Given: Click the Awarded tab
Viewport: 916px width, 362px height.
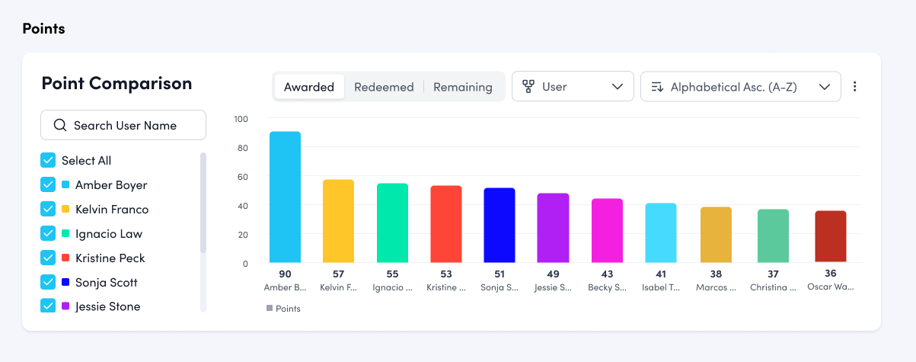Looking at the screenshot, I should coord(308,87).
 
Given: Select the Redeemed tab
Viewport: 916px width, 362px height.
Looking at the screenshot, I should coord(384,87).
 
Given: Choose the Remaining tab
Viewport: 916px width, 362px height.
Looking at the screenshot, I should coord(462,87).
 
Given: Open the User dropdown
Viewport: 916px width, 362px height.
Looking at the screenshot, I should coord(573,87).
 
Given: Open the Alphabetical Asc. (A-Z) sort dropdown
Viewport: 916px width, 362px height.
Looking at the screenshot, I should coord(740,87).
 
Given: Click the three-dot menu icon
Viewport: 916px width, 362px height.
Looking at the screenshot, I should coord(854,87).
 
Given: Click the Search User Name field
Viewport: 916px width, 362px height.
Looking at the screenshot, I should coord(123,125).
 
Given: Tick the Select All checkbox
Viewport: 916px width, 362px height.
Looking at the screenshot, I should coord(48,160).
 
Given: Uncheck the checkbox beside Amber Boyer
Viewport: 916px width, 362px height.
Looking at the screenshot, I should coord(48,184).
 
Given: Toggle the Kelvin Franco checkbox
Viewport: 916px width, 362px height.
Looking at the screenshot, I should coord(48,209).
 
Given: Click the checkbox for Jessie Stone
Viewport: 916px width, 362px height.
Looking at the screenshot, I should coord(48,306).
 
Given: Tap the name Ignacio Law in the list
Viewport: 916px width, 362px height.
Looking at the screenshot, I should coord(108,234).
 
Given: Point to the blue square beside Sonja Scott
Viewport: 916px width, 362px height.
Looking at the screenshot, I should coord(65,283).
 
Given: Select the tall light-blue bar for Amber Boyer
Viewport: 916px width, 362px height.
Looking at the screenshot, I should coord(285,197).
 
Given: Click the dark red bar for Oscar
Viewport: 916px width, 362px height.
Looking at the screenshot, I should coord(830,237).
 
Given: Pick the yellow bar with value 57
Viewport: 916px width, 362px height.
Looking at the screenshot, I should coord(338,221).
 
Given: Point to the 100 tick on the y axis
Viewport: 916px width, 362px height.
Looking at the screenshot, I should coord(241,119).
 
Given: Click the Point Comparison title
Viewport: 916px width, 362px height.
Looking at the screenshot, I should coord(116,83).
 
